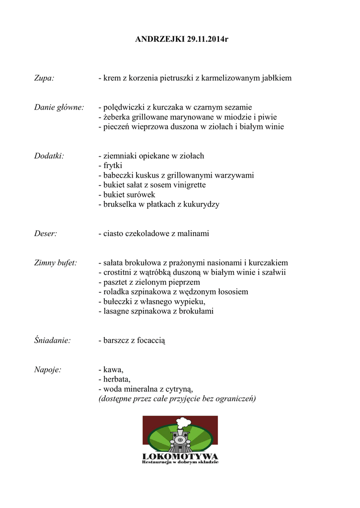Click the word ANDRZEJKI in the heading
coord(160,39)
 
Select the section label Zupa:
coord(44,78)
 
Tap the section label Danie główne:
coord(59,107)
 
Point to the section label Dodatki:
coord(50,156)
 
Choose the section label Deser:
coord(46,233)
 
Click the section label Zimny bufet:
coord(56,262)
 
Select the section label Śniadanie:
coord(52,340)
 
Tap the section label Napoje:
coord(48,370)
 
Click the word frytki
coord(113,166)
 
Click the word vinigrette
coord(189,185)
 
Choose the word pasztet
coord(116,282)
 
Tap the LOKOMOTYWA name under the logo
coord(180,456)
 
